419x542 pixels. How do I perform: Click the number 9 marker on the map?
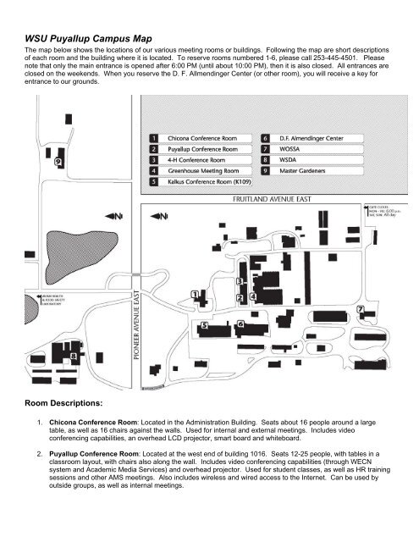point(57,161)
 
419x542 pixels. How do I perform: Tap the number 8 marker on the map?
point(50,357)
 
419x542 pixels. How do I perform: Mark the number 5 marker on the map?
point(202,324)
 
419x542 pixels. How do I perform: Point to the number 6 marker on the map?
point(240,324)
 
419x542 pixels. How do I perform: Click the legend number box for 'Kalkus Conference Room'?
point(152,181)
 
